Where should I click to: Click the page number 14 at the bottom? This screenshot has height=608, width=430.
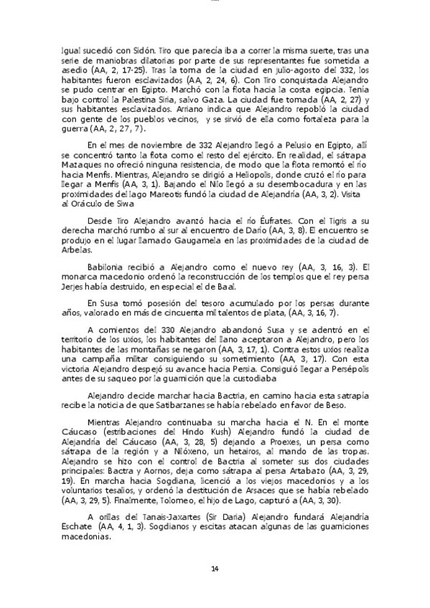pyautogui.click(x=215, y=569)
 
